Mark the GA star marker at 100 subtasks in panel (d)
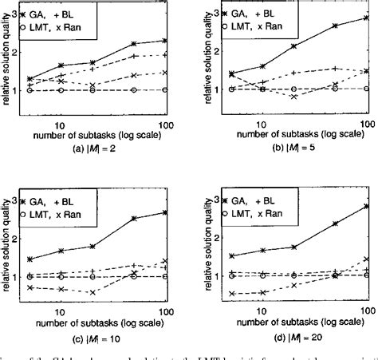click(365, 205)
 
